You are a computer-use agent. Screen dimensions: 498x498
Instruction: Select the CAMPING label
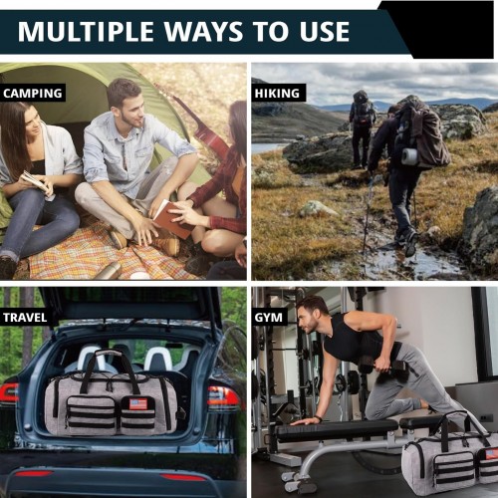[x=33, y=93]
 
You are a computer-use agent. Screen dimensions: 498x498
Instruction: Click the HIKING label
[x=277, y=93]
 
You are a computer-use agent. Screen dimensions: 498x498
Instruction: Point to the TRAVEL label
[x=25, y=318]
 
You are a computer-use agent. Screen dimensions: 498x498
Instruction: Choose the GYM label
[x=269, y=318]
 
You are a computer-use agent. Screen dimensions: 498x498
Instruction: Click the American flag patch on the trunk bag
[x=138, y=403]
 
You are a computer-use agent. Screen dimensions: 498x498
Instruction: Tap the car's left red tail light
[x=8, y=392]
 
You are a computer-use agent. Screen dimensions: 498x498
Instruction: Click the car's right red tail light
[x=223, y=396]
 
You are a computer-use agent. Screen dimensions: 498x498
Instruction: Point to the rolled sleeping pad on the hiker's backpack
[x=409, y=156]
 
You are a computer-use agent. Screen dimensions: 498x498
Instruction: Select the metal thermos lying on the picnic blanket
[x=108, y=271]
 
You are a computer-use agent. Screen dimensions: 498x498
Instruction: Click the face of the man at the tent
[x=132, y=108]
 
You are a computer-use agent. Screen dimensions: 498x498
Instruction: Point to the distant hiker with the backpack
[x=362, y=128]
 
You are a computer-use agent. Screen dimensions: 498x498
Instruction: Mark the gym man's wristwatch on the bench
[x=318, y=418]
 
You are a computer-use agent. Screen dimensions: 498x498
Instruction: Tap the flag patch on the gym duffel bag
[x=491, y=453]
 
